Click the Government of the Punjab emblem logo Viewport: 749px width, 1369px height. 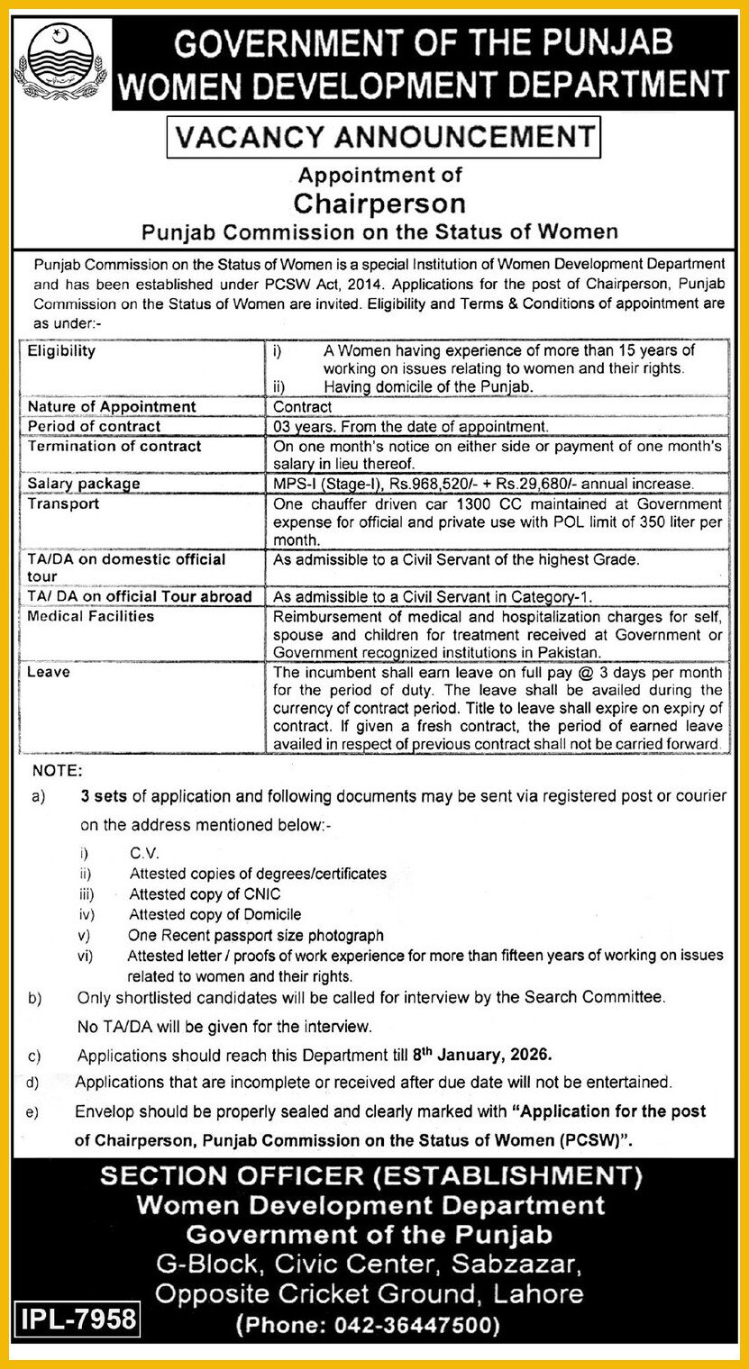click(60, 62)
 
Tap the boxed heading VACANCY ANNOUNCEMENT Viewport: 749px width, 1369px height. click(384, 137)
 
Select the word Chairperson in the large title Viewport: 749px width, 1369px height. click(379, 203)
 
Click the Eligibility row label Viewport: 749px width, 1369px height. click(61, 350)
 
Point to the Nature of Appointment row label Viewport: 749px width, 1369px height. click(112, 407)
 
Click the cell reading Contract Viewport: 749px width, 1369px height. click(302, 407)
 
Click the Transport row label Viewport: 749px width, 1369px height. click(63, 503)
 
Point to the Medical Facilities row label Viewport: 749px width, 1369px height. click(90, 616)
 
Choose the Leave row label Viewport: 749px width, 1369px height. click(48, 672)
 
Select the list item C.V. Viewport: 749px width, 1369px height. click(144, 852)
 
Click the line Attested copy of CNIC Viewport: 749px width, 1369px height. click(205, 894)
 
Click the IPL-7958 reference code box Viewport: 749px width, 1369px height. click(78, 1320)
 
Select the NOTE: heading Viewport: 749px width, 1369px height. click(57, 771)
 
